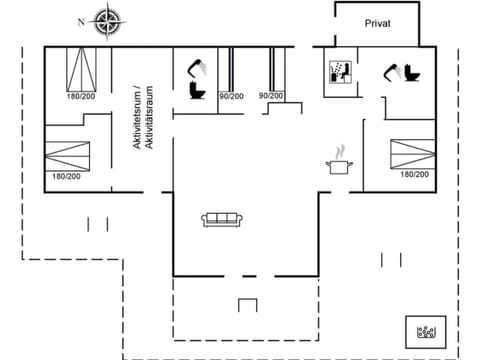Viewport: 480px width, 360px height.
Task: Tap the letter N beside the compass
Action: (80, 20)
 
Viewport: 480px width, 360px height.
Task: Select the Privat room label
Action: (376, 23)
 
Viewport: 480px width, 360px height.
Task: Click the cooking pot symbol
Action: (338, 164)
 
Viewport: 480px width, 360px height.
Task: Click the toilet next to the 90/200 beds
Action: (197, 92)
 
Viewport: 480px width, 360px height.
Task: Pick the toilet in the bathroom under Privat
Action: (413, 74)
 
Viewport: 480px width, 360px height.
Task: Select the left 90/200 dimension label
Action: (230, 96)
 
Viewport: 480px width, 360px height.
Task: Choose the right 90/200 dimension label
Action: (270, 96)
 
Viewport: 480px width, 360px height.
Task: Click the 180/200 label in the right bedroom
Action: (414, 174)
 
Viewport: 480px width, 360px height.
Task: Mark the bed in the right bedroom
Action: (413, 153)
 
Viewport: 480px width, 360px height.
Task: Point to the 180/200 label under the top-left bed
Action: (80, 96)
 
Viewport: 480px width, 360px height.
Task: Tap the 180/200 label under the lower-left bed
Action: (66, 177)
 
